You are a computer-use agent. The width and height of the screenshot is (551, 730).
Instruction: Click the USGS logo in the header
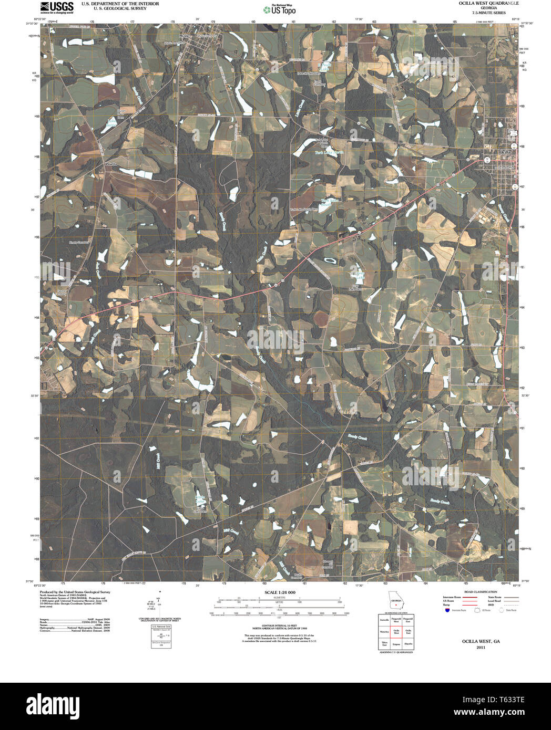(56, 7)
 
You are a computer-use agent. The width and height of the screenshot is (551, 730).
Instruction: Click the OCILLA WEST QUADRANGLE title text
(481, 3)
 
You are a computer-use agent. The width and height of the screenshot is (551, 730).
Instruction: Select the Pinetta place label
(111, 164)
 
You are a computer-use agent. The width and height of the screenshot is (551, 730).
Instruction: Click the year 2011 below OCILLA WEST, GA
(481, 648)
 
